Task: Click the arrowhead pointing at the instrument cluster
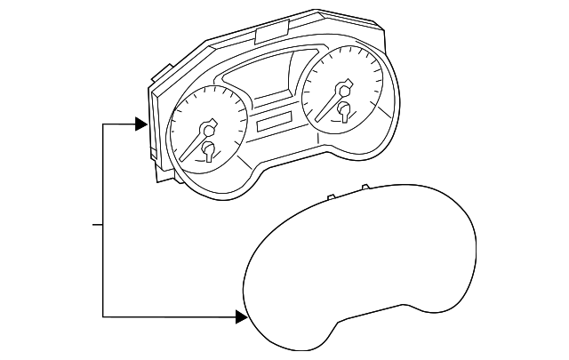(140, 124)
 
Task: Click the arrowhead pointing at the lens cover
(241, 316)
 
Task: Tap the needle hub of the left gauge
(211, 127)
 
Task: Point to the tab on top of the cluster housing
(268, 34)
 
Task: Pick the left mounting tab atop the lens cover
(330, 196)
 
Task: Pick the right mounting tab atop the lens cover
(365, 188)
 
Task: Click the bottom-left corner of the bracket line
(104, 316)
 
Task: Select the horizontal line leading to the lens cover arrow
(169, 316)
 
